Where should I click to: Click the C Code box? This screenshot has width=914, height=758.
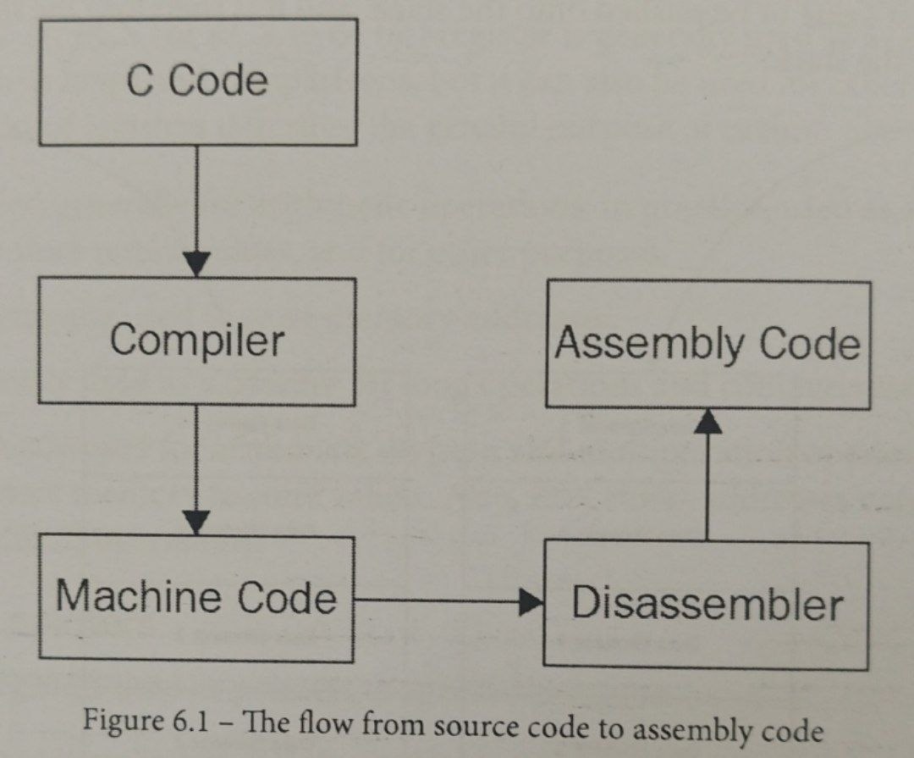(x=197, y=81)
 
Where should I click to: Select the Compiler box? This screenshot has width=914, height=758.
(x=197, y=340)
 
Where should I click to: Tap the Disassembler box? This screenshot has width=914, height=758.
(x=707, y=604)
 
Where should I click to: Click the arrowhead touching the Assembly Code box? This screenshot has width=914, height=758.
(x=707, y=421)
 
